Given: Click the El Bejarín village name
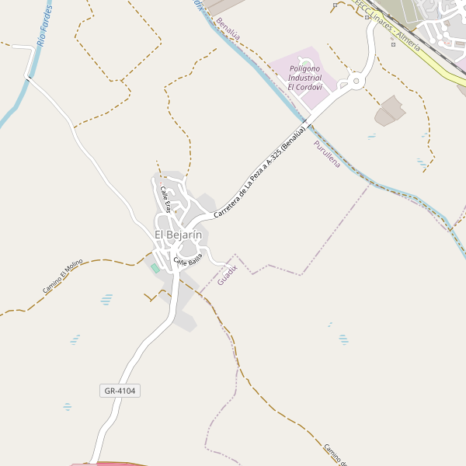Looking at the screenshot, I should pyautogui.click(x=178, y=235).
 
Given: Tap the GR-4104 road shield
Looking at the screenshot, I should pyautogui.click(x=120, y=391).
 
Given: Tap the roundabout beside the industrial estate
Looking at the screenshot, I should pyautogui.click(x=356, y=80).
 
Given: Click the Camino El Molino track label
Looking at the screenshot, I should pyautogui.click(x=62, y=277).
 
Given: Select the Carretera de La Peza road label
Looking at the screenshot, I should pyautogui.click(x=259, y=169).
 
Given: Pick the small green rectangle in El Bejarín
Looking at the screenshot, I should pyautogui.click(x=155, y=268).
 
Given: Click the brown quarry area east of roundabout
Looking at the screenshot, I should pyautogui.click(x=390, y=111).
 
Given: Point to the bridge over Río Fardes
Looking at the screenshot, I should pyautogui.click(x=29, y=76).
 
